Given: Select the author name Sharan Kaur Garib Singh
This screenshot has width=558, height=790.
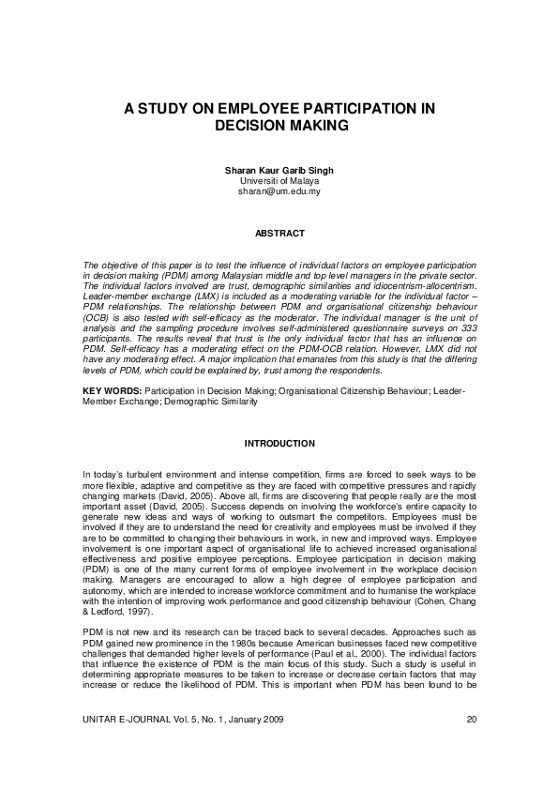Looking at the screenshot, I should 279,170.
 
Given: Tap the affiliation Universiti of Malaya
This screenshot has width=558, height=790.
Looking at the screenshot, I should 279,180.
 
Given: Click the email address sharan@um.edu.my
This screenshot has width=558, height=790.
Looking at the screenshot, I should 279,190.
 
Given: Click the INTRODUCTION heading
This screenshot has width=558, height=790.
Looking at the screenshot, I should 279,443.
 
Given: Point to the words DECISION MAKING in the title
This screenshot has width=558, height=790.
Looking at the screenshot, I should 279,125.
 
